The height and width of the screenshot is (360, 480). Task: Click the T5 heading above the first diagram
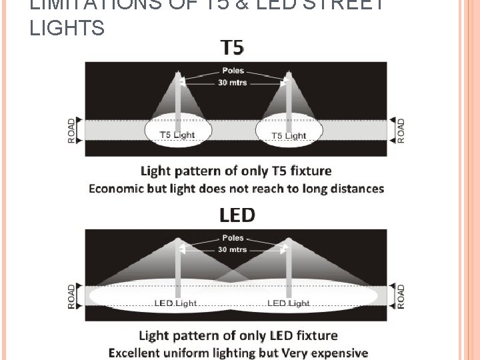click(x=233, y=47)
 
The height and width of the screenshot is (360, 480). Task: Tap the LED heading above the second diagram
click(x=237, y=215)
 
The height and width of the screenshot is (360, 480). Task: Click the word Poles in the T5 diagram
click(x=233, y=70)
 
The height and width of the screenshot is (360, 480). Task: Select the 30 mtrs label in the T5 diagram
click(x=233, y=82)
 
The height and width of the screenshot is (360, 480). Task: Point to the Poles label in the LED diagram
click(x=233, y=238)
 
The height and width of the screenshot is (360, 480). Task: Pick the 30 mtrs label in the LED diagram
click(x=233, y=250)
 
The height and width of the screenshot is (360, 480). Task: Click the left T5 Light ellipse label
click(x=177, y=135)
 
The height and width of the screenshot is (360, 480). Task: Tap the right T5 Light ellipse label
click(x=289, y=135)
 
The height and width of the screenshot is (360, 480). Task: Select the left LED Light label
click(x=175, y=303)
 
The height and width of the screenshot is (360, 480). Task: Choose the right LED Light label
click(x=289, y=303)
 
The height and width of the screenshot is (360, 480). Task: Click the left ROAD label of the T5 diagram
click(x=72, y=130)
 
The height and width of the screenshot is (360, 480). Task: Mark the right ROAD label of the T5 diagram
click(x=401, y=130)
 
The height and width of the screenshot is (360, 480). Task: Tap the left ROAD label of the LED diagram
click(x=72, y=296)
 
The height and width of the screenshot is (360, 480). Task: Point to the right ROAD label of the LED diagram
click(x=401, y=296)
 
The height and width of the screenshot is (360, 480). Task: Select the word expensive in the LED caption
click(x=335, y=353)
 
